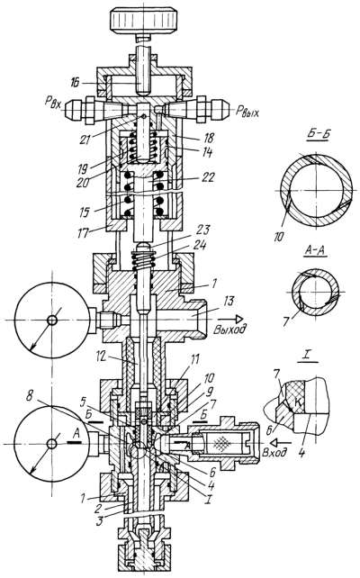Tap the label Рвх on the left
click(54, 102)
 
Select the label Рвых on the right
click(246, 111)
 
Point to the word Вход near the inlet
click(274, 452)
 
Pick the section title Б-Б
click(318, 134)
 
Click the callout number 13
click(228, 302)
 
